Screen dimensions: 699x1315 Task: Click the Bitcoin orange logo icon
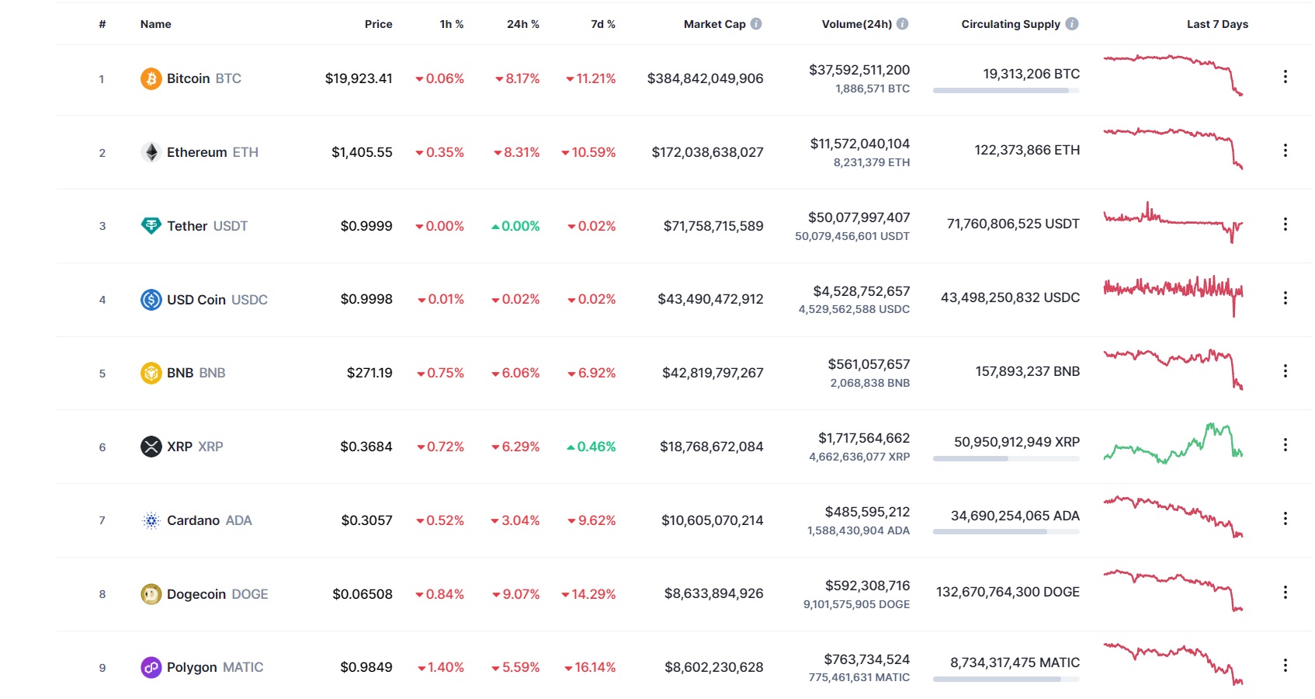click(x=151, y=78)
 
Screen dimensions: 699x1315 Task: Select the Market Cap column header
click(x=714, y=24)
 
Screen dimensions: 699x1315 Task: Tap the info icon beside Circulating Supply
click(x=1072, y=24)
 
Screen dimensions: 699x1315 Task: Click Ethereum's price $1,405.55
click(x=362, y=152)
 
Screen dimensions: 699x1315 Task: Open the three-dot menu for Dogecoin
click(x=1285, y=593)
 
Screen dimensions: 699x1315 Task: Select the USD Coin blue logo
click(x=151, y=300)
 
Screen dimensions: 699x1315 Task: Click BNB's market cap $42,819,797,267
click(x=713, y=373)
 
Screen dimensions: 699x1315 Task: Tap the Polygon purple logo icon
click(x=151, y=667)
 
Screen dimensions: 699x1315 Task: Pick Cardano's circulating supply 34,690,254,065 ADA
click(x=1015, y=516)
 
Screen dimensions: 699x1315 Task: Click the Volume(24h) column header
click(x=856, y=24)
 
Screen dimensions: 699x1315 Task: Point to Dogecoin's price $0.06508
click(x=363, y=594)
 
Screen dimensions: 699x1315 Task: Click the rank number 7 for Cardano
click(x=102, y=520)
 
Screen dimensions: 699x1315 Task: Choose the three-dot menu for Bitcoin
click(x=1285, y=76)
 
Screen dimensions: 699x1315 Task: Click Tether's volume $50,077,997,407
click(x=859, y=217)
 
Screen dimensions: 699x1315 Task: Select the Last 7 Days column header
click(x=1217, y=24)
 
